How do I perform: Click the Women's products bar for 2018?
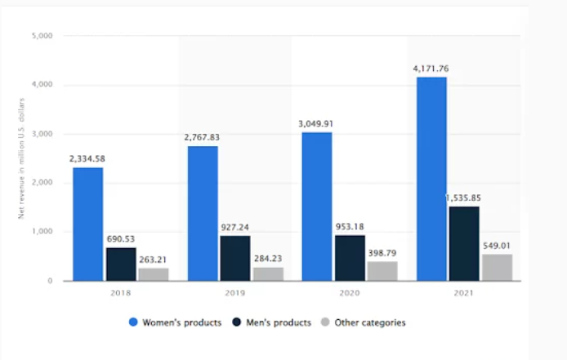(x=87, y=224)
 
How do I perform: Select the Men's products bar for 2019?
(x=234, y=258)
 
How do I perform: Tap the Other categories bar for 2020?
(x=382, y=271)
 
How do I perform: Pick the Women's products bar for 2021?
(x=431, y=179)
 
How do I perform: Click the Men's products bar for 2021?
(x=463, y=243)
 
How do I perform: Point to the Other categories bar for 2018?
(x=153, y=274)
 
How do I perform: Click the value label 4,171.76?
(x=431, y=69)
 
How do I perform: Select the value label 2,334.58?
(x=87, y=158)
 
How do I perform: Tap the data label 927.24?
(x=235, y=228)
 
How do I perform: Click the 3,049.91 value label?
(x=316, y=124)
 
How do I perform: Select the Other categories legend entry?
(x=365, y=322)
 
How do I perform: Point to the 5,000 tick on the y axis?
(x=42, y=36)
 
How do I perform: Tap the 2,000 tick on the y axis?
(x=42, y=183)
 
